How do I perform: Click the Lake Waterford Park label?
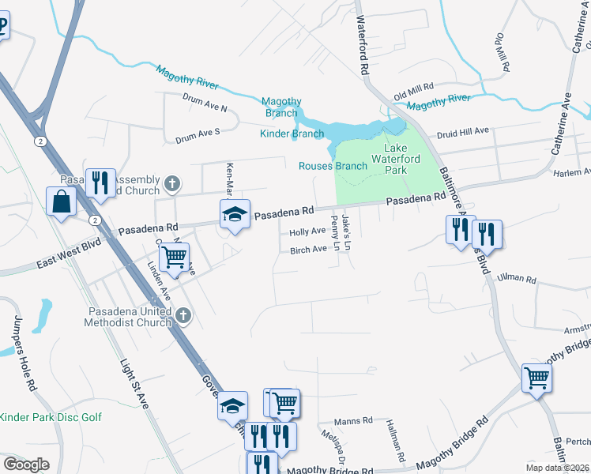[405, 159]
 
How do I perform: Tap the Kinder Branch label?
[292, 134]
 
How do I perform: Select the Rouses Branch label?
[333, 166]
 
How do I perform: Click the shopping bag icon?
[61, 202]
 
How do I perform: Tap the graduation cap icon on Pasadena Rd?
[235, 214]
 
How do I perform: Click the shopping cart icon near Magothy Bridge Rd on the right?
[536, 378]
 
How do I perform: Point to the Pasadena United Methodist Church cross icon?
[183, 316]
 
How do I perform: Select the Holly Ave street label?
[307, 232]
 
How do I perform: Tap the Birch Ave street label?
[308, 250]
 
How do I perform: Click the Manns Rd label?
[352, 421]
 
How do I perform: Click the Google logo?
[26, 465]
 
